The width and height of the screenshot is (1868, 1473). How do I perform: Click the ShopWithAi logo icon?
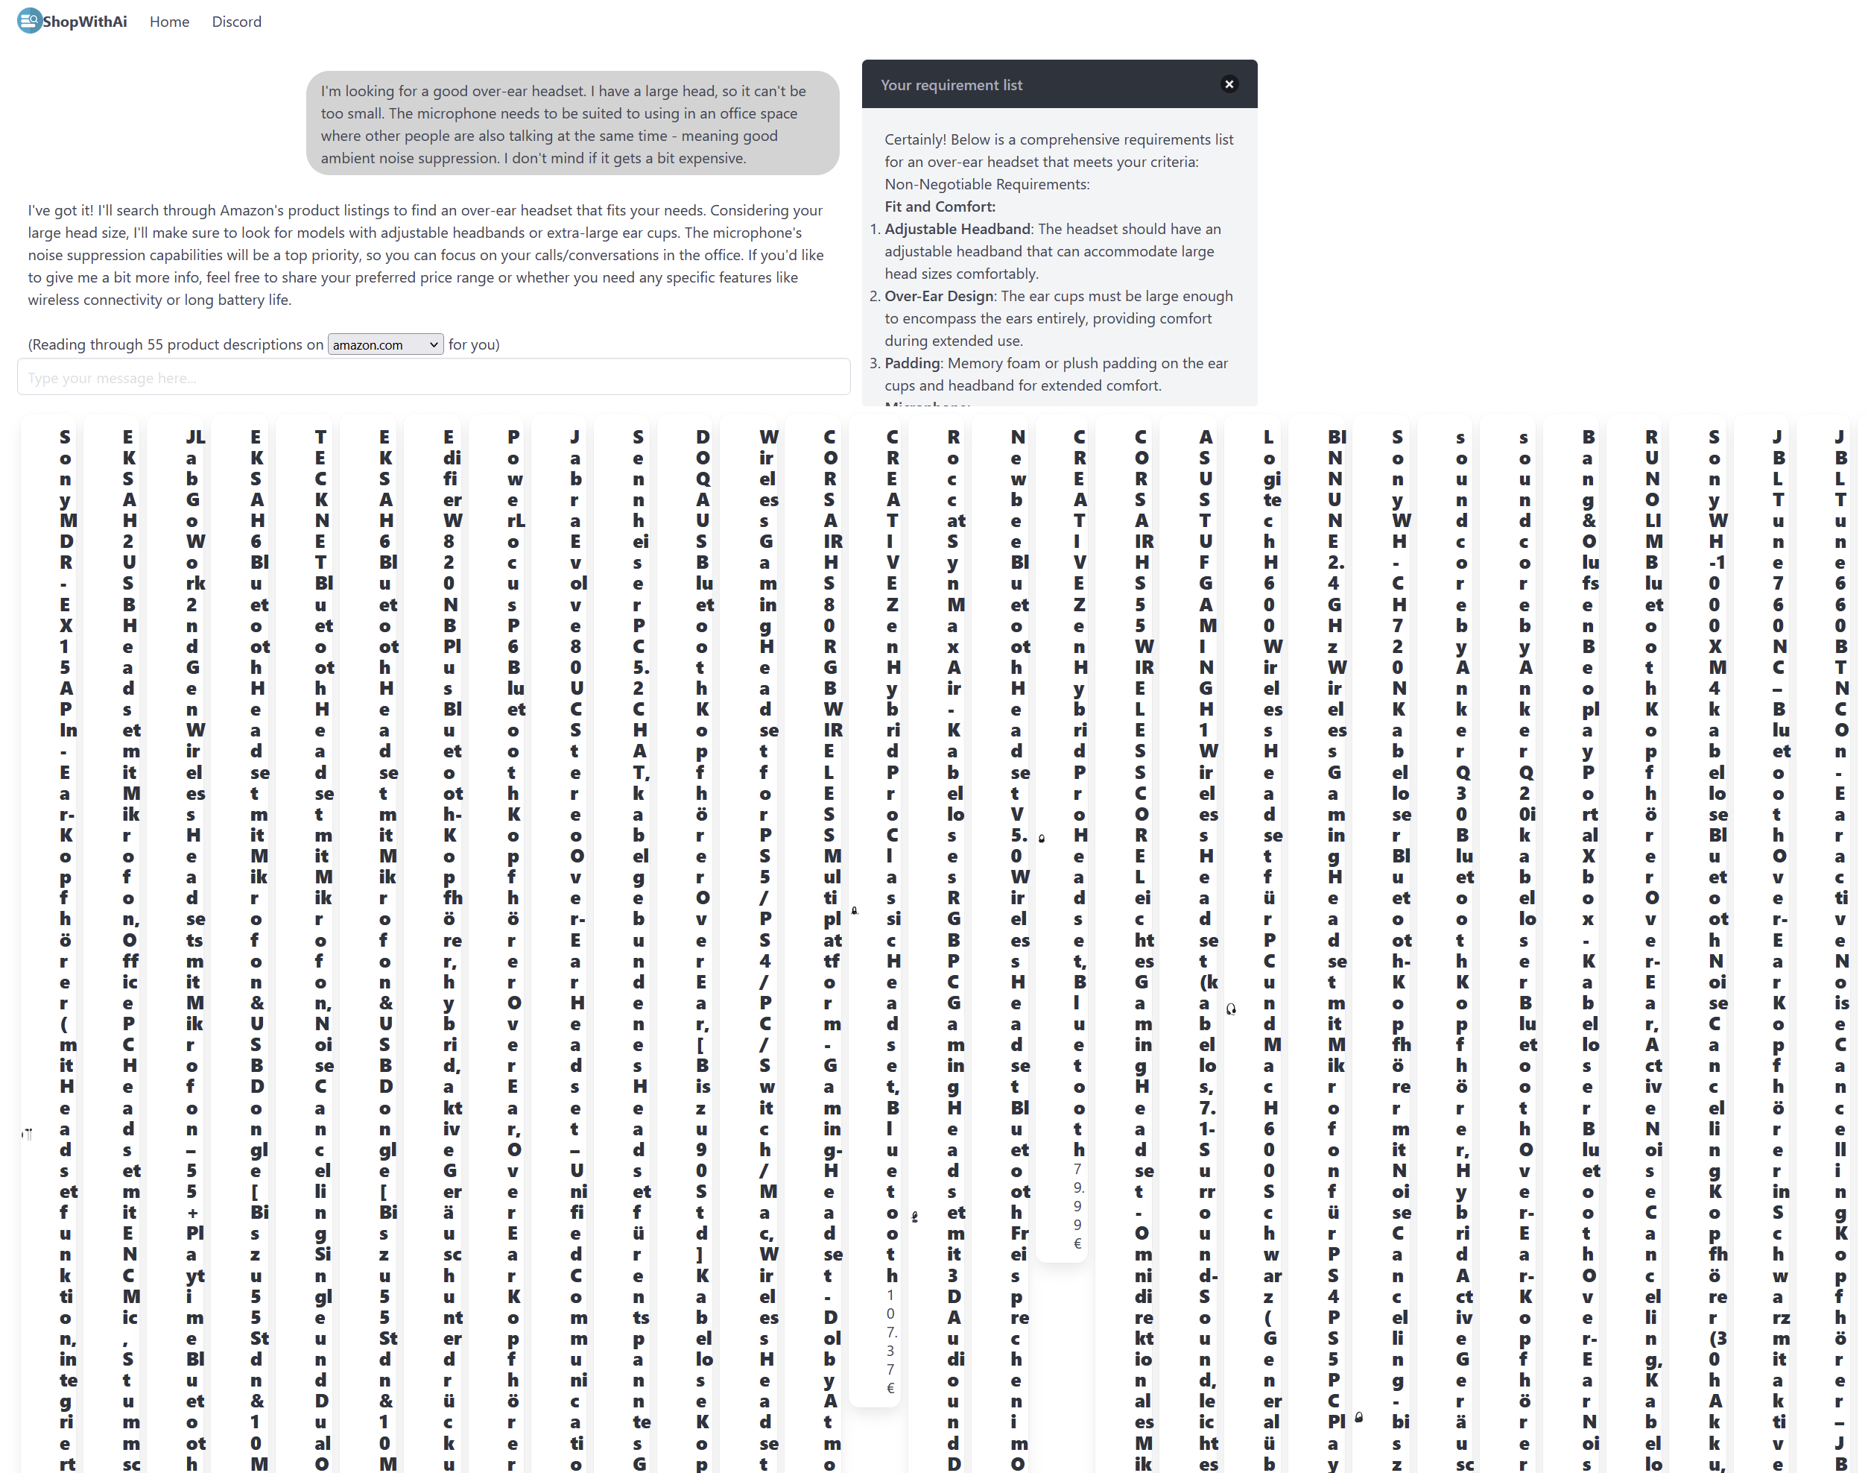29,21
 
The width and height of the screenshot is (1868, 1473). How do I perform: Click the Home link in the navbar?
169,22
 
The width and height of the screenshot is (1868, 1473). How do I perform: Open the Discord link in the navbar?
236,22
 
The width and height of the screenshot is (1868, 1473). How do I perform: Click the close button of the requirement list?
1229,83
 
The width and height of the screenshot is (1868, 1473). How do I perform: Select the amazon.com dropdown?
385,344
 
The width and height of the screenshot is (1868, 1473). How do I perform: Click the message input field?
434,378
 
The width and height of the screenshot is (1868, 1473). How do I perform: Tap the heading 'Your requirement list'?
951,84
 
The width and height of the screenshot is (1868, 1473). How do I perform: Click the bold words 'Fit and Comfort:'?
940,206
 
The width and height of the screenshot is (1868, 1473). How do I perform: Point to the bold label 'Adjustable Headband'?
957,229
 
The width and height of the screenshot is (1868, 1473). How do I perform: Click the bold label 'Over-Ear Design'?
939,296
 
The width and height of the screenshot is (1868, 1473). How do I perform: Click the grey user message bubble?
572,123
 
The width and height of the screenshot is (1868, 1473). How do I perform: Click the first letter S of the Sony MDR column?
66,438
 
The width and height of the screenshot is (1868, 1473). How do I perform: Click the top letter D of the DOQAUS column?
703,438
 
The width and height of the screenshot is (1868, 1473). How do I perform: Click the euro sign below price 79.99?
1077,1243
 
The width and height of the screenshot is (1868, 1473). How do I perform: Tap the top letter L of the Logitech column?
1268,438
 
